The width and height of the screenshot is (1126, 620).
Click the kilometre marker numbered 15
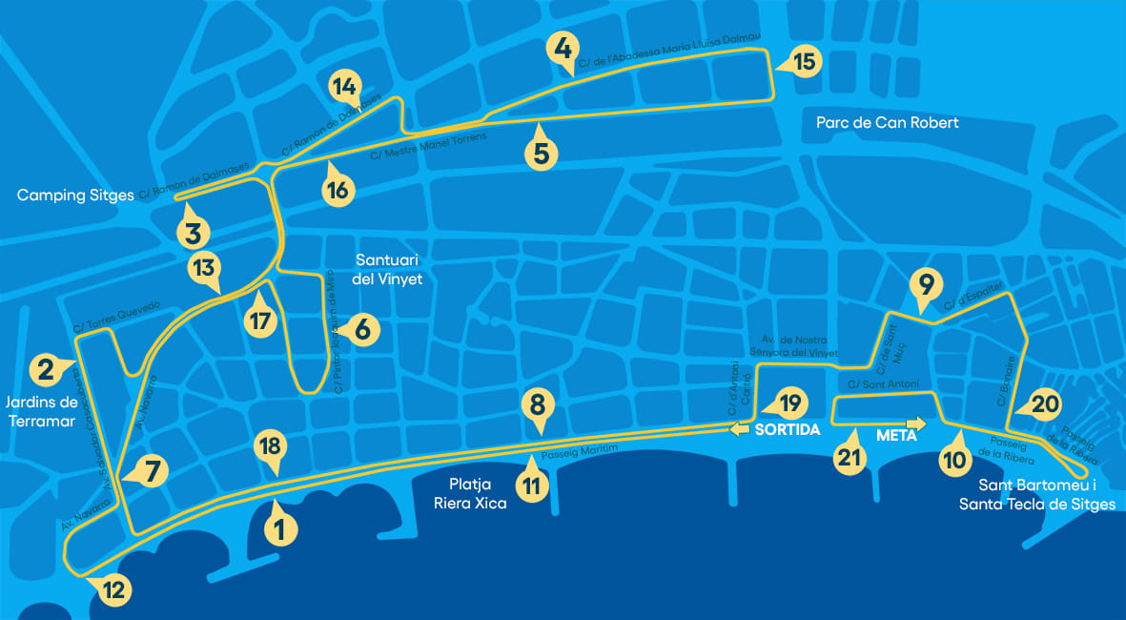[x=805, y=63]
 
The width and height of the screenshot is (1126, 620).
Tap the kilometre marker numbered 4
[x=563, y=48]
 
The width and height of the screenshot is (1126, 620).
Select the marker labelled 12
[x=113, y=590]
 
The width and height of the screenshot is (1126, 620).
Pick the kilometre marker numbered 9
[x=924, y=284]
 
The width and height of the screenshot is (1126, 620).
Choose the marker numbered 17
[x=258, y=320]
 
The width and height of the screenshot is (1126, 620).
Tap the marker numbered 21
[x=849, y=457]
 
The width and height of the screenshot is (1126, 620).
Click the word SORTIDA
[x=788, y=430]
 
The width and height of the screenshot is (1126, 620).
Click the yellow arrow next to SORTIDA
[x=740, y=430]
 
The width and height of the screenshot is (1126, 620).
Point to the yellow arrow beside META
[x=917, y=423]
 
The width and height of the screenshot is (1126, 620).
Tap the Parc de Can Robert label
[x=887, y=123]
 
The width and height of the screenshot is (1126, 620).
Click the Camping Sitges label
[x=75, y=196]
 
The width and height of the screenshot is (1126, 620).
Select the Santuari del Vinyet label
[x=387, y=269]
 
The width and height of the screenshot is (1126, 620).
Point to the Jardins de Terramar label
[x=40, y=411]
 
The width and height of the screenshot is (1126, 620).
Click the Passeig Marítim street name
[x=581, y=452]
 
